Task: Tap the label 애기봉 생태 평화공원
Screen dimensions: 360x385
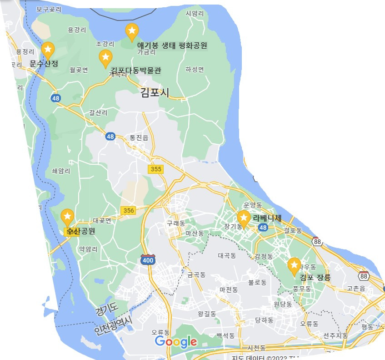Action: (172, 46)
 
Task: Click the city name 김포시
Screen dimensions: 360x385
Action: (155, 93)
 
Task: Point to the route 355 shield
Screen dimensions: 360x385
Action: (155, 169)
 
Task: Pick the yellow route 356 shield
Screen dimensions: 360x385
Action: (129, 210)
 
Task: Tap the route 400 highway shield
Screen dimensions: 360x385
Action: (148, 260)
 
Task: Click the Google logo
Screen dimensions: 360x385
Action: (176, 342)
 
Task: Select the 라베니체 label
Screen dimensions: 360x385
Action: (267, 218)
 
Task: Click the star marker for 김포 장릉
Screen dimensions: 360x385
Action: (295, 265)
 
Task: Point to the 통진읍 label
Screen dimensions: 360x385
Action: (139, 137)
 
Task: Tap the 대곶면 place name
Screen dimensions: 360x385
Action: (102, 220)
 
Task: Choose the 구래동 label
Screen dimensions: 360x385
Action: (176, 223)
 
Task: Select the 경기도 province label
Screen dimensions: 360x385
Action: (106, 311)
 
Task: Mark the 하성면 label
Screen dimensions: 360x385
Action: (195, 69)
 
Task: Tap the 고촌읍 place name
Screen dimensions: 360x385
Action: (356, 289)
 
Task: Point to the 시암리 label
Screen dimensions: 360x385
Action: (195, 14)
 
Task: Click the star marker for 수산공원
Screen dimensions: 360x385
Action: (68, 217)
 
